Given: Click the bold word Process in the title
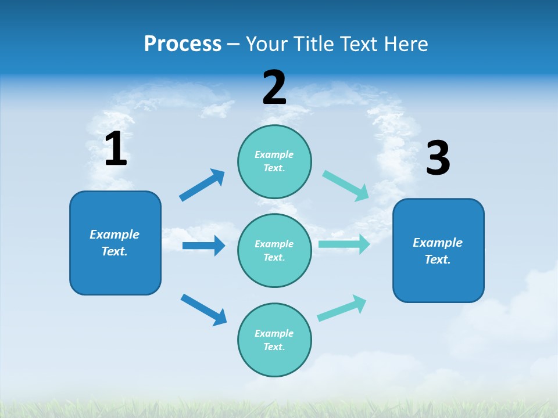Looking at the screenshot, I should click(183, 44).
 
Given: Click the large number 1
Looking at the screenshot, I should click(116, 149).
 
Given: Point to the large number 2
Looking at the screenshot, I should click(274, 88).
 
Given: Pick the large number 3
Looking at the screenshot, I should click(438, 158).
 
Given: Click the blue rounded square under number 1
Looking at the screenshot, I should click(115, 243).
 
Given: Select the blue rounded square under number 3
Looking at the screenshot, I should click(438, 251).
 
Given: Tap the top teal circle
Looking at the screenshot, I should click(274, 161).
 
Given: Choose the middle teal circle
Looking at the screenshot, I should click(274, 250).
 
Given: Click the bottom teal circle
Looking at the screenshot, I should click(274, 340).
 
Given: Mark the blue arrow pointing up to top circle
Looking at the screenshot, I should click(202, 185).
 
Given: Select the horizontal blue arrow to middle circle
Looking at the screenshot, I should click(203, 246).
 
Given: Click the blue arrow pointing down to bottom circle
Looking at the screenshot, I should click(203, 309).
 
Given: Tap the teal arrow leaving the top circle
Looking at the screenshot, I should click(346, 186).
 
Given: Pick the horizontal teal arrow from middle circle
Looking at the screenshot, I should click(344, 244).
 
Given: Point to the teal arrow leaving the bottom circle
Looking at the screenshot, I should click(342, 308).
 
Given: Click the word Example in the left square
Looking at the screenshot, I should click(115, 235).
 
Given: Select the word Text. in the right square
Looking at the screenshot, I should click(438, 260).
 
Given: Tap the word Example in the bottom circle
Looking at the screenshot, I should click(274, 333).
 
